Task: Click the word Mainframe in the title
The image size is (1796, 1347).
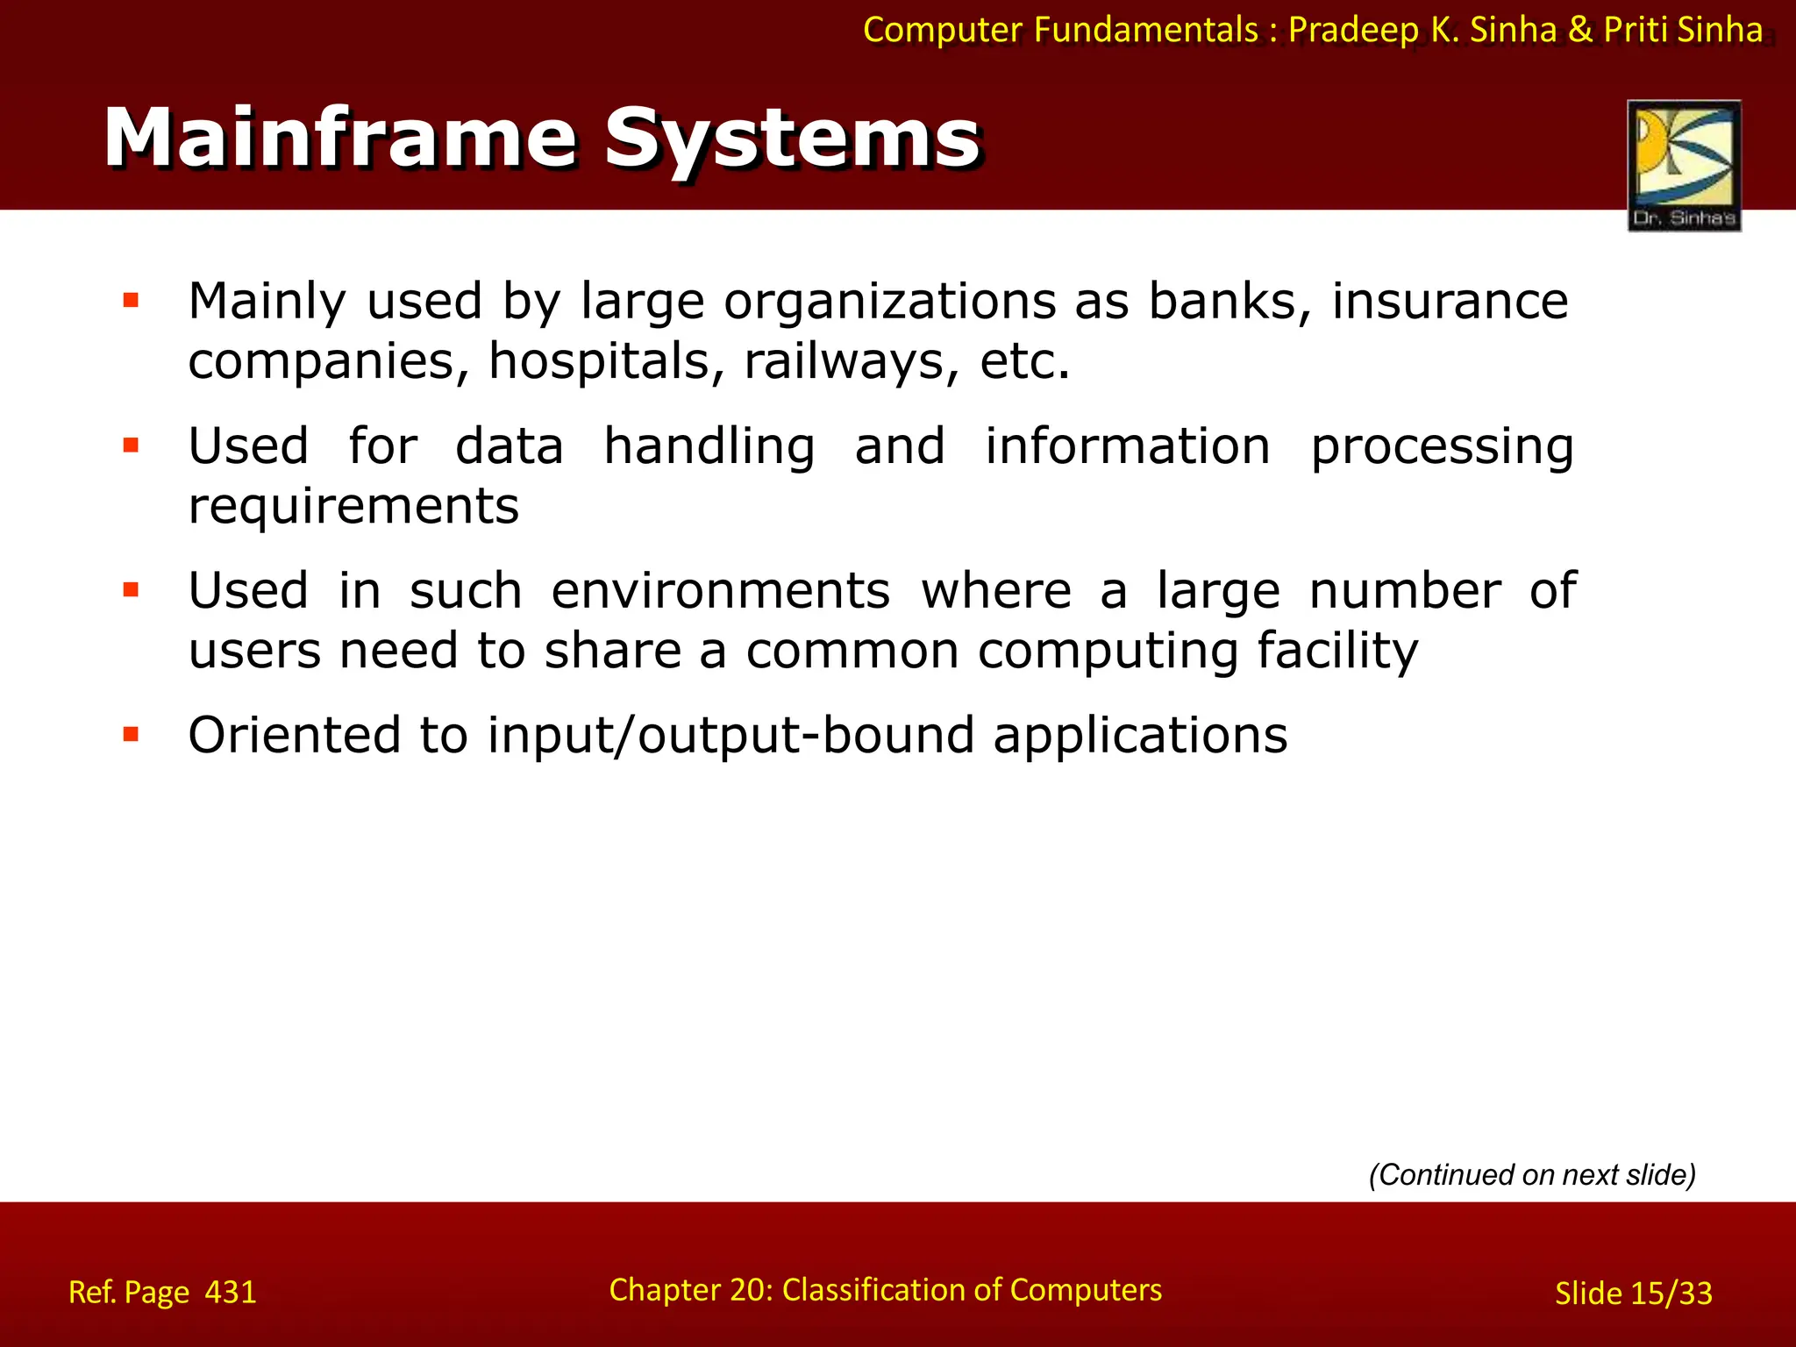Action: [340, 139]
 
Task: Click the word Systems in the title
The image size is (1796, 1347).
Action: [792, 139]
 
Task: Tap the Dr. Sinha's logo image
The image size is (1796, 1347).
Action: [1684, 165]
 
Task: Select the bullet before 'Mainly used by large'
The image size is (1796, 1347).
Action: [132, 302]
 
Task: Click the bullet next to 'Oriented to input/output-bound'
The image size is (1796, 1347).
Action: [132, 735]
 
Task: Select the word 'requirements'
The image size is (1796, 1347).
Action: [353, 507]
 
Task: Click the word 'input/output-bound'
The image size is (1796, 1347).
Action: [731, 735]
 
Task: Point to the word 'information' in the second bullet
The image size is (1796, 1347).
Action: [1127, 445]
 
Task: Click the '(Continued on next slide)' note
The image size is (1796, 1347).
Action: [1532, 1174]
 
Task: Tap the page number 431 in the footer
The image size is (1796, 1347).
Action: [231, 1293]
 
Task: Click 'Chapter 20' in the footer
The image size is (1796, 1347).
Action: [688, 1290]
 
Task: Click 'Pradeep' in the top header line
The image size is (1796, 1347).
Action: [1353, 30]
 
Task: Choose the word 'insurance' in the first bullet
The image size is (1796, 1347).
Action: [1450, 302]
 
